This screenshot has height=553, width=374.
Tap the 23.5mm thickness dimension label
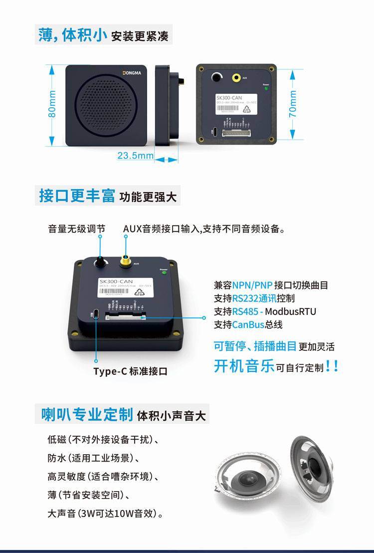[135, 156]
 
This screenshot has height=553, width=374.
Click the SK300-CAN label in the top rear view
[229, 98]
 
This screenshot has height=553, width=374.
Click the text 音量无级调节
[77, 229]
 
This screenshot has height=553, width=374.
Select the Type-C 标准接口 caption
[130, 371]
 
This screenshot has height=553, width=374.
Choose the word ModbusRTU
[290, 311]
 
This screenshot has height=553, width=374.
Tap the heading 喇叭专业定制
[87, 414]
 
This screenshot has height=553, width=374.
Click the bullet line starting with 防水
[93, 458]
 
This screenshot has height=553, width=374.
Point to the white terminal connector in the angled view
[126, 316]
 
